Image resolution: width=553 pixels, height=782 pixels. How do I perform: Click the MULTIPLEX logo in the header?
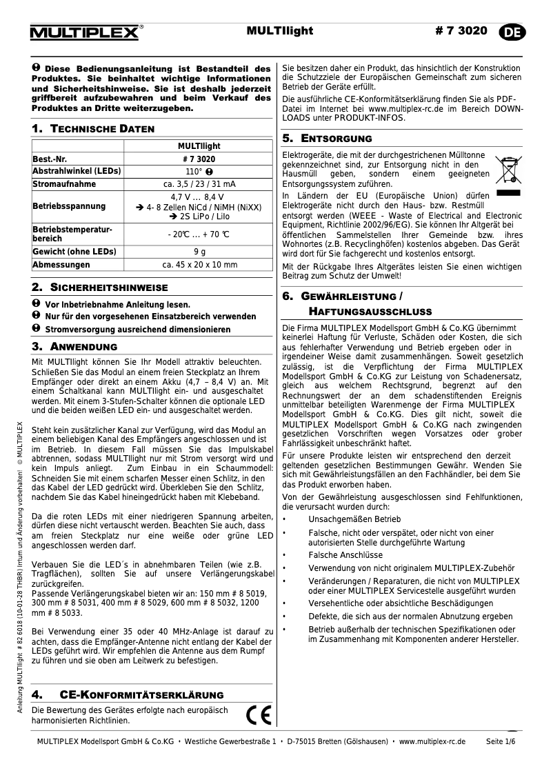pos(86,32)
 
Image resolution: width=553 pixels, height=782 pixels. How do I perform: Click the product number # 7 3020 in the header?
pos(462,31)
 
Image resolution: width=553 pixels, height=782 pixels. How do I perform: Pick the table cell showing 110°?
pos(199,172)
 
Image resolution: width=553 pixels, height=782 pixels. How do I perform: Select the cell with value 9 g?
pos(199,252)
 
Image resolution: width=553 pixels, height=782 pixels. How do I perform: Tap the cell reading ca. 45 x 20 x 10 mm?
pos(199,265)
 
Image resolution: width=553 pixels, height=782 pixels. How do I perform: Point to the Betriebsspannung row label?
pos(69,206)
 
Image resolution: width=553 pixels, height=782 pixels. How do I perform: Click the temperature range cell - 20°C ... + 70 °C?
pos(199,234)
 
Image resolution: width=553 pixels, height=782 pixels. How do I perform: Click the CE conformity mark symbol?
pos(259,714)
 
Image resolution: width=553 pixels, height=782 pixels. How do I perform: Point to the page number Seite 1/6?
pos(501,741)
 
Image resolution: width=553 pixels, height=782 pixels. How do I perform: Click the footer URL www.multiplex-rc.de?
pos(432,741)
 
